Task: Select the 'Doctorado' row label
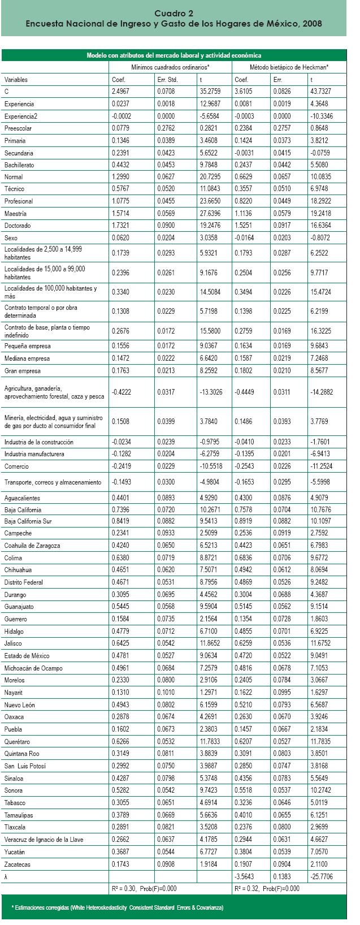(18, 226)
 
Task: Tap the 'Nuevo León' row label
(19, 705)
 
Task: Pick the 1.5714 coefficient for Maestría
(121, 214)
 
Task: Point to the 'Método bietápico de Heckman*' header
(289, 67)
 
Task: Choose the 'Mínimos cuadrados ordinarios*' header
(171, 67)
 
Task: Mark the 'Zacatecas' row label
(18, 865)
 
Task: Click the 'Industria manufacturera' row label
(34, 454)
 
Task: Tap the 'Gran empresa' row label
(22, 371)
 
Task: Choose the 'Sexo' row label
(11, 238)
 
